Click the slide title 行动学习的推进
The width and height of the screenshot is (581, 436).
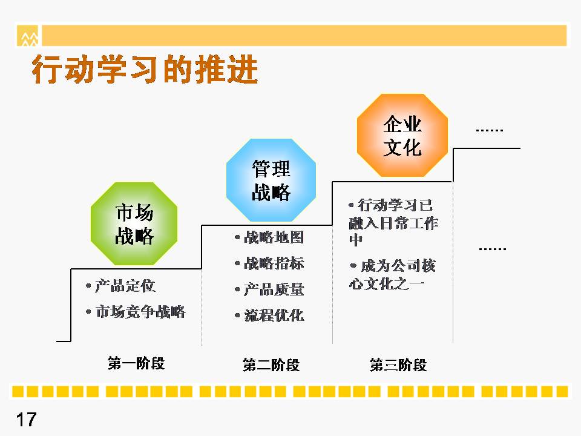145,69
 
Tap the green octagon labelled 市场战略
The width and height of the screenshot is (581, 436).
134,223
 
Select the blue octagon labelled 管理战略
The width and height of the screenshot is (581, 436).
271,180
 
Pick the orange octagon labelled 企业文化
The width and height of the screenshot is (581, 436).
402,135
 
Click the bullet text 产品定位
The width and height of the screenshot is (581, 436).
125,286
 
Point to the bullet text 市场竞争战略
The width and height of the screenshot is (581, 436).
140,312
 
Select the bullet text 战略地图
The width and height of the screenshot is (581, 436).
274,237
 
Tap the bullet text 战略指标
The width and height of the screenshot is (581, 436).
274,263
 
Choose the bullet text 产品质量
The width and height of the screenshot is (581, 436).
274,289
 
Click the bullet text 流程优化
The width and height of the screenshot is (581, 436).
274,315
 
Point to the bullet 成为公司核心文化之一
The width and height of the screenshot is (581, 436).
392,275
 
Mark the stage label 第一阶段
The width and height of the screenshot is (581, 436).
136,363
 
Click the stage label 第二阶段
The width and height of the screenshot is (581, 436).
271,365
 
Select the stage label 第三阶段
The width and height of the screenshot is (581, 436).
398,365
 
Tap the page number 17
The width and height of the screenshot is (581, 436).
26,420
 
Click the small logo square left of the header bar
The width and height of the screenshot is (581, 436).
27,36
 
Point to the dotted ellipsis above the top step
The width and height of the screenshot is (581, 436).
489,130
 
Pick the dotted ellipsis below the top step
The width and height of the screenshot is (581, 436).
493,249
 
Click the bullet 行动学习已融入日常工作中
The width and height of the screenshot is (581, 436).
393,222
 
